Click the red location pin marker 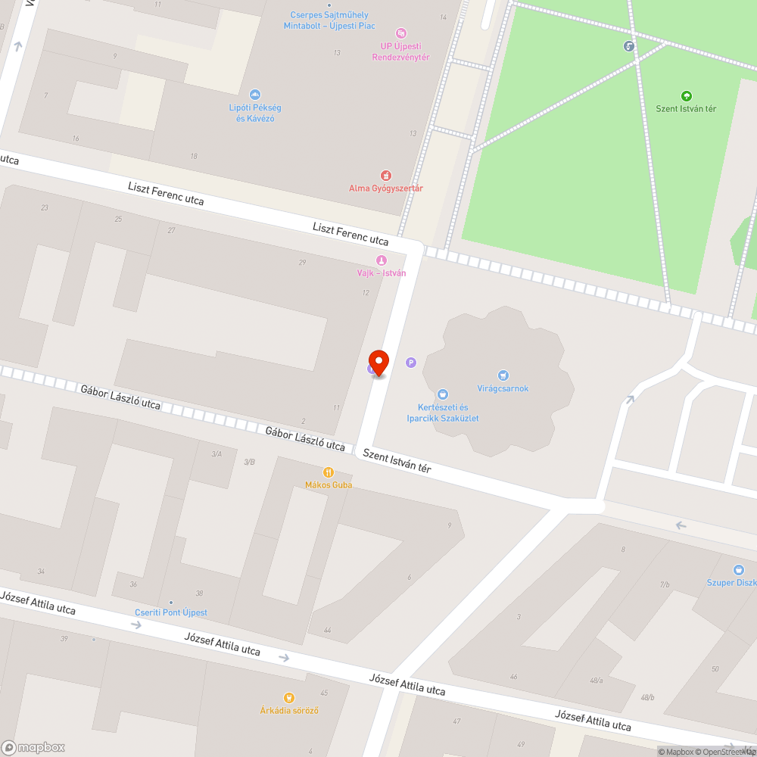378,361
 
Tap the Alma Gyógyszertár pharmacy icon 386,176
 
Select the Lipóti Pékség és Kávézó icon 255,95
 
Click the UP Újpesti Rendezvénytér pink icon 401,33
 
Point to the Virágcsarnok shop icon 503,375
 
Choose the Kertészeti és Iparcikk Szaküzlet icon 443,394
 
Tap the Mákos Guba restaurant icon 329,472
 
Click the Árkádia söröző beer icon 288,697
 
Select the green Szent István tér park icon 686,96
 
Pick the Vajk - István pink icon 381,260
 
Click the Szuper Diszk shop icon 739,569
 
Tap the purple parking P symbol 411,363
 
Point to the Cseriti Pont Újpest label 171,612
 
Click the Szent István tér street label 397,461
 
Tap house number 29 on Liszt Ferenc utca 303,262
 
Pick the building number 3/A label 217,453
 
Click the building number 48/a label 597,680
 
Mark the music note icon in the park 629,46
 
